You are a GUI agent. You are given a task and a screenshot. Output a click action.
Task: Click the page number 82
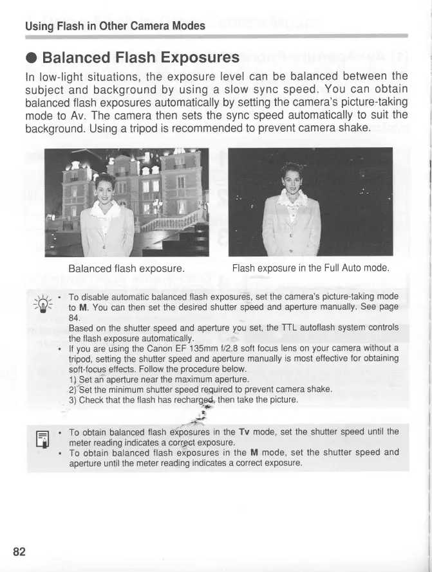(x=19, y=551)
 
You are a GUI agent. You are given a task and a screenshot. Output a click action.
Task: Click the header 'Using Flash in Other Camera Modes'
(x=115, y=26)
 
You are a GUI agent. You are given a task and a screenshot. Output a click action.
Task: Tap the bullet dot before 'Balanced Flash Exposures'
(x=31, y=58)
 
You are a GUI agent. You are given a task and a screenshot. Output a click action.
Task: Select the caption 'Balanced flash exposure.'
(x=127, y=268)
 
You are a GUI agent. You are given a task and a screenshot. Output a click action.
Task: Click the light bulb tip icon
(x=45, y=302)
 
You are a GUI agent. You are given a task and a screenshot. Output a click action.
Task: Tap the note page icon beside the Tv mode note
(x=46, y=440)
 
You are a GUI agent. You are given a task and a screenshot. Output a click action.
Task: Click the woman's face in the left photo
(x=105, y=188)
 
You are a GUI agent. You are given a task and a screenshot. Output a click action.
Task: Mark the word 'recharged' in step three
(x=198, y=400)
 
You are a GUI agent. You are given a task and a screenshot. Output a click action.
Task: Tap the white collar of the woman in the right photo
(x=293, y=196)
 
